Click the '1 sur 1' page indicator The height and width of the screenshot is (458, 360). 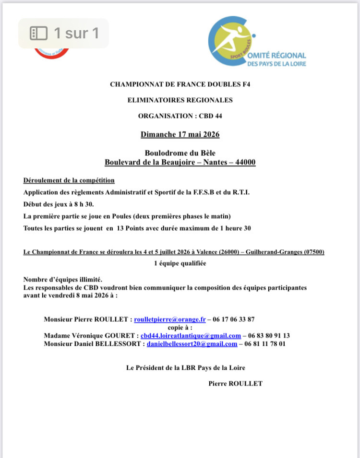(64, 33)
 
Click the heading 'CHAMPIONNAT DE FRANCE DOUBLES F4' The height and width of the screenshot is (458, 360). (180, 85)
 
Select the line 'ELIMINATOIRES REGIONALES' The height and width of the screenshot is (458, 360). (180, 100)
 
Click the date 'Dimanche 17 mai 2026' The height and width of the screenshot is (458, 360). (180, 134)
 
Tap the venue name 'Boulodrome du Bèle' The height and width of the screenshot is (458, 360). (180, 153)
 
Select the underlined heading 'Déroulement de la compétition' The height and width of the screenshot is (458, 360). (69, 181)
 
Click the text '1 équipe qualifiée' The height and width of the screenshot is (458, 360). (180, 263)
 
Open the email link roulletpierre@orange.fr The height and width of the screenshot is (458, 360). (170, 319)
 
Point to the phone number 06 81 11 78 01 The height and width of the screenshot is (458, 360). (265, 344)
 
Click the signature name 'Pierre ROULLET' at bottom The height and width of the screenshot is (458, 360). (236, 384)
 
